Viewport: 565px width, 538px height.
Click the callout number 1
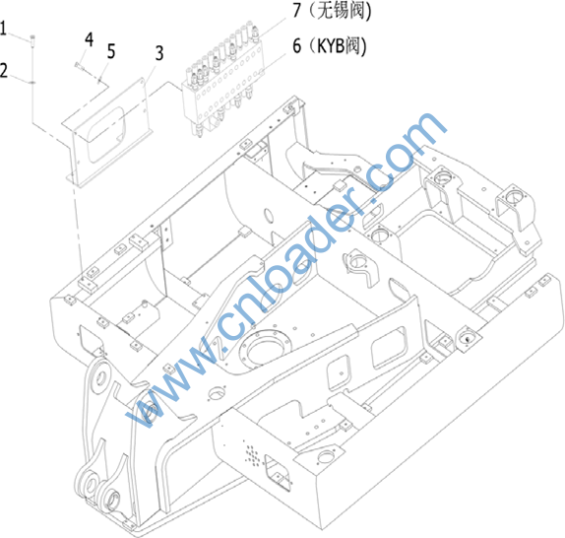point(3,29)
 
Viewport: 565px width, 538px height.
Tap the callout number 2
point(4,70)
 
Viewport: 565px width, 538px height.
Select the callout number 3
point(159,53)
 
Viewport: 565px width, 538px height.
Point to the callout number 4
point(89,39)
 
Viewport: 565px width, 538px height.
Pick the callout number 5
point(111,51)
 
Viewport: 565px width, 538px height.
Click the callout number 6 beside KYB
point(296,45)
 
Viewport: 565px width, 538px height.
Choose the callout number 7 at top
point(296,10)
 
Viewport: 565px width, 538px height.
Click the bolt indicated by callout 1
point(32,40)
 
